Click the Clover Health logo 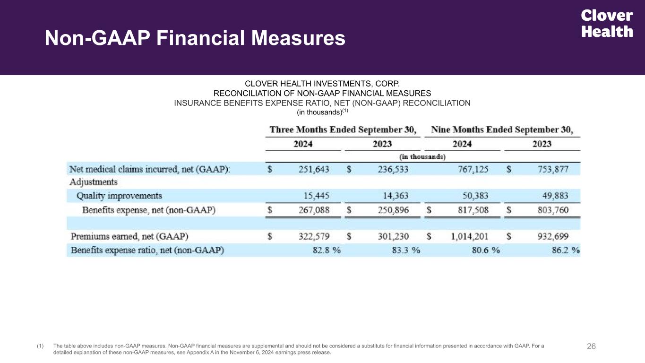[607, 24]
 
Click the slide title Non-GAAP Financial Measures [195, 38]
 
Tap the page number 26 [591, 346]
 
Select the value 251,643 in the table [314, 169]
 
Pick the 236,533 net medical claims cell [393, 169]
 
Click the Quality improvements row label [119, 196]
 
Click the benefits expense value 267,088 [314, 210]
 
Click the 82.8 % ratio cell [327, 250]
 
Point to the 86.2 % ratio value [565, 250]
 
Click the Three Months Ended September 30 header [343, 130]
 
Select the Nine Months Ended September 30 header [502, 130]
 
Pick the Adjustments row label [94, 182]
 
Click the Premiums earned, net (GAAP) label [129, 236]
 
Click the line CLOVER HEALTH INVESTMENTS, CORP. [322, 84]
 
